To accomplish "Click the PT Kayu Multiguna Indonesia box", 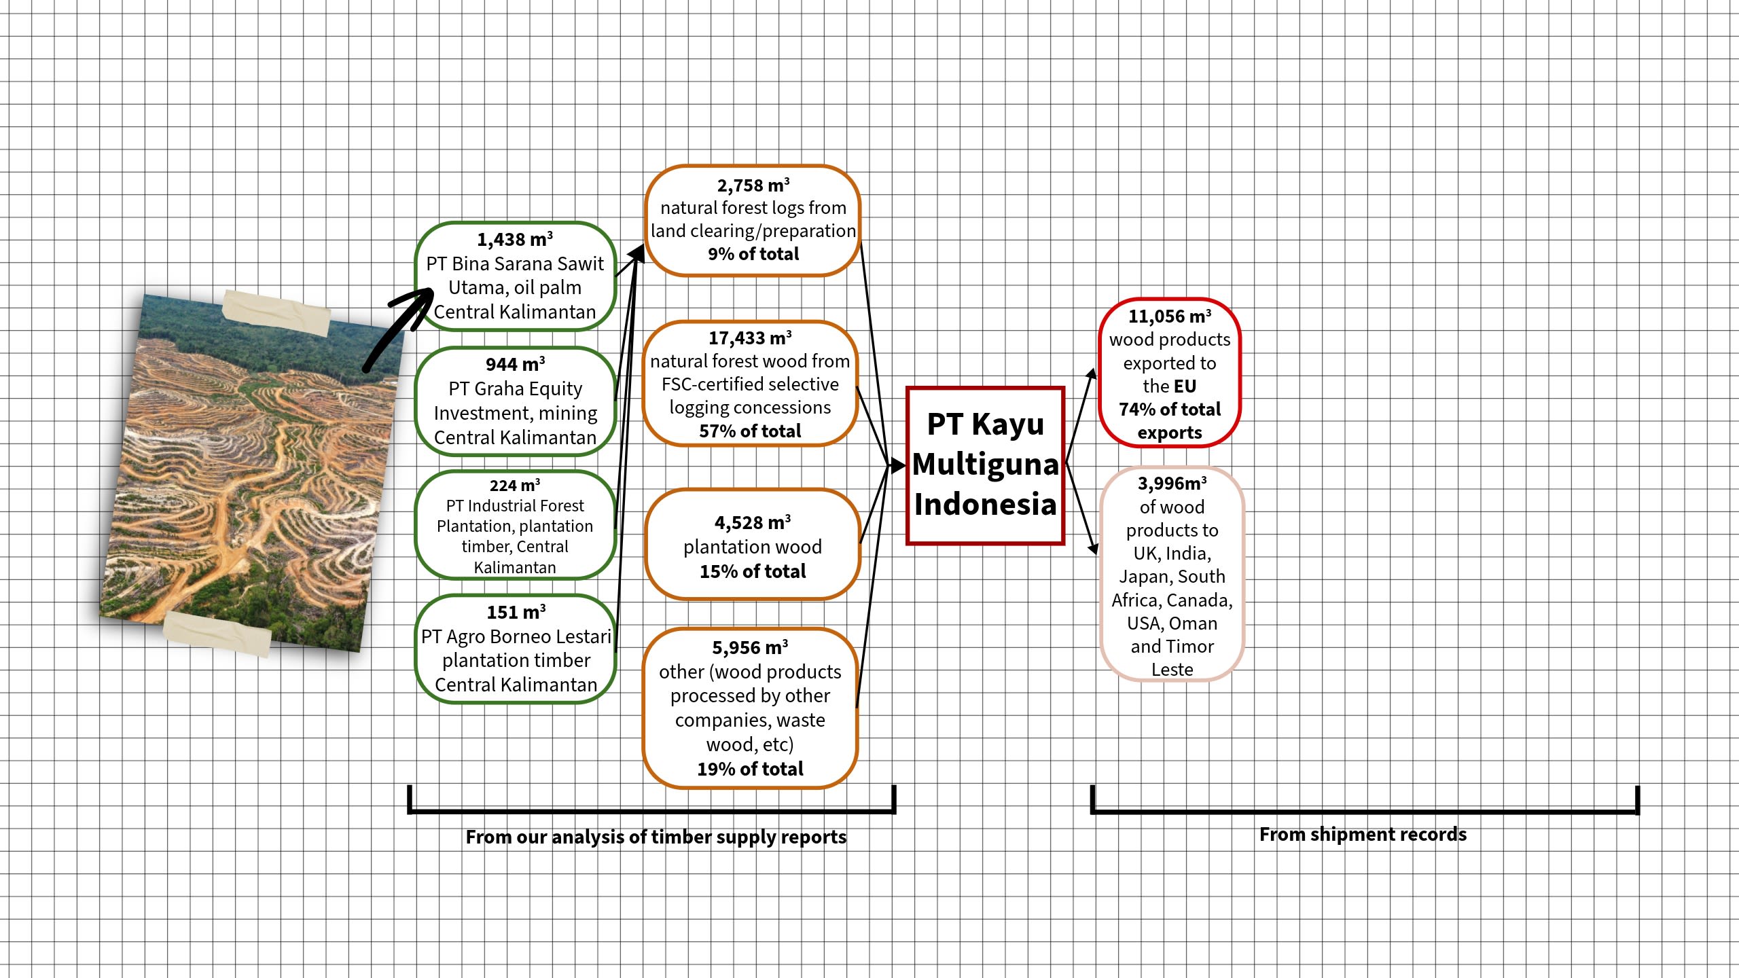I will point(985,465).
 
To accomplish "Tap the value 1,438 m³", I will point(515,240).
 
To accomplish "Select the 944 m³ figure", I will point(515,365).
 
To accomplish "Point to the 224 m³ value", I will point(515,486).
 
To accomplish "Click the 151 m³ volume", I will point(516,613).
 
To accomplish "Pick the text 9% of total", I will point(753,254).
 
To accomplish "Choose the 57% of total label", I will point(750,431).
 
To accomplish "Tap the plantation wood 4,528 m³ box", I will point(752,545).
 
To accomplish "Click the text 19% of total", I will point(750,769).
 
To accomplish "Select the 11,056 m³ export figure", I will point(1169,316).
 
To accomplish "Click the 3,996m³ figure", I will point(1172,484).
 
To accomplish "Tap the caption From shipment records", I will point(1363,834).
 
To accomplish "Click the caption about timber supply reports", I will point(656,837).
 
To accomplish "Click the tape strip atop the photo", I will point(276,312).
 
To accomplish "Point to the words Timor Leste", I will point(1172,658).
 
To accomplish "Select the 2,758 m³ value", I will point(753,185).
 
